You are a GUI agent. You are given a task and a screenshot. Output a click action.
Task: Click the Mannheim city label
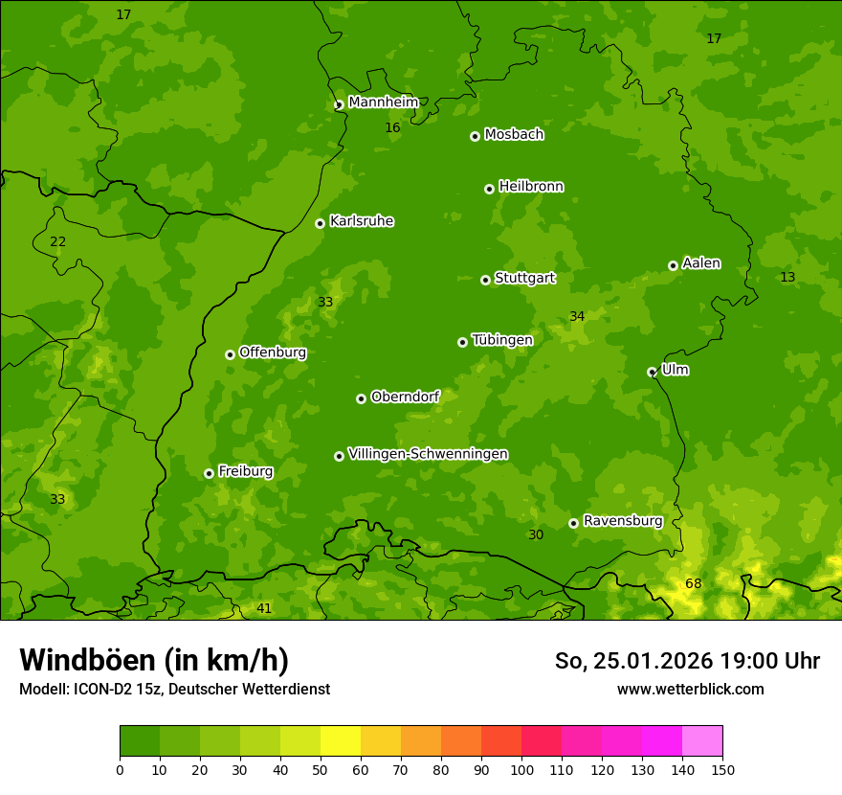(383, 102)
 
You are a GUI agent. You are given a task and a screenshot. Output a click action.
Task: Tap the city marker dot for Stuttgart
(485, 280)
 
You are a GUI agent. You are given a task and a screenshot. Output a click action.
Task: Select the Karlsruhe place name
(361, 221)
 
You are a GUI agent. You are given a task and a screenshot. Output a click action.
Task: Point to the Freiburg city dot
(209, 473)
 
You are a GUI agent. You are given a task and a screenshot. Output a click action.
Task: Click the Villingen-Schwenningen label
(428, 454)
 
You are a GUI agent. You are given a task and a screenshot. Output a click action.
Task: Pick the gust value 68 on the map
(693, 584)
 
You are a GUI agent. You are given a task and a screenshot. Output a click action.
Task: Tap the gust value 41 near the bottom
(264, 608)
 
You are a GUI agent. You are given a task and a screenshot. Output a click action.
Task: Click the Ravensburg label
(622, 521)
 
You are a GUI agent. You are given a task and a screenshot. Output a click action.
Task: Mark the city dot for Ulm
(652, 372)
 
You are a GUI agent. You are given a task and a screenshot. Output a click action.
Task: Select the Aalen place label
(701, 263)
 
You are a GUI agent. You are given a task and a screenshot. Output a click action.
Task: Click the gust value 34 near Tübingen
(577, 317)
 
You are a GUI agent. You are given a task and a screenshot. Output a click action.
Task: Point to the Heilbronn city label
(531, 187)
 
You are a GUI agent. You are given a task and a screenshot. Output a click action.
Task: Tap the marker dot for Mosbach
(475, 136)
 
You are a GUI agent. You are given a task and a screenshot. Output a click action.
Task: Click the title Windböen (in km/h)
(154, 660)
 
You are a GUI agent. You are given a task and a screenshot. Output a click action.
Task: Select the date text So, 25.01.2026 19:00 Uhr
(687, 661)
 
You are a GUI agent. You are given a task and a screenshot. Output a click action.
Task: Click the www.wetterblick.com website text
(690, 689)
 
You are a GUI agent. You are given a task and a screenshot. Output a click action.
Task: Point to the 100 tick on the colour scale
(521, 769)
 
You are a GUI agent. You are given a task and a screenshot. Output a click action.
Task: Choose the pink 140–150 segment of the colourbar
(702, 741)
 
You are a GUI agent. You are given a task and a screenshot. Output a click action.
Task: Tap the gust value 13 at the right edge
(787, 278)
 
